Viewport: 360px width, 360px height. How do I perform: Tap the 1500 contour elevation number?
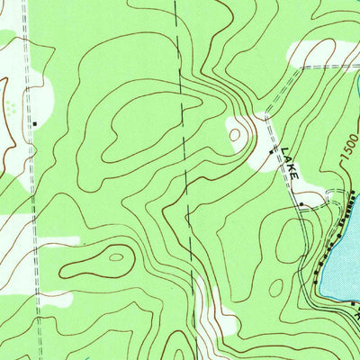(347, 149)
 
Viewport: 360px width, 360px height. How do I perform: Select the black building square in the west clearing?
(35, 123)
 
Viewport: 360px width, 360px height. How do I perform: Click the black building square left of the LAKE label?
(272, 152)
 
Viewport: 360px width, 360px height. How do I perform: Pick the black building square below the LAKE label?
(301, 204)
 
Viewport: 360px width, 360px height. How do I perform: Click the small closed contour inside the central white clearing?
(237, 135)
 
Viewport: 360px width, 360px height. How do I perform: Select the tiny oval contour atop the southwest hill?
(115, 256)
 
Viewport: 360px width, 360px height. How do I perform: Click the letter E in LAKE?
(298, 174)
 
